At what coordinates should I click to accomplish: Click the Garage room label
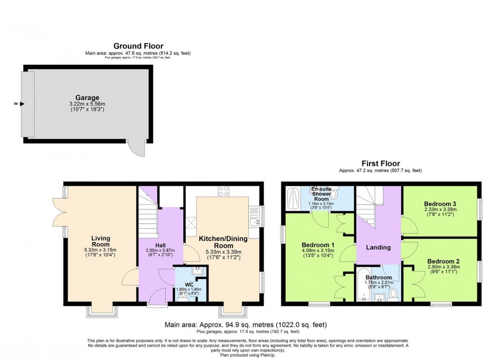[x=87, y=97]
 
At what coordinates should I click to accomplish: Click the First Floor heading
[x=380, y=164]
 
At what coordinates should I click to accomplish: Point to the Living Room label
[x=101, y=241]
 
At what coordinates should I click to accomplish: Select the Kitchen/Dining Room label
[x=224, y=242]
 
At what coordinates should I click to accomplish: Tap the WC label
[x=189, y=285]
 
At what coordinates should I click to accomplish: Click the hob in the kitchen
[x=224, y=191]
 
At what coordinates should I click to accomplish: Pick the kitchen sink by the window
[x=253, y=223]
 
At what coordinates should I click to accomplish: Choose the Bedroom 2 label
[x=444, y=261]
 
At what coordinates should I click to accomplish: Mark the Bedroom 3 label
[x=440, y=204]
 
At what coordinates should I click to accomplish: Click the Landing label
[x=378, y=247]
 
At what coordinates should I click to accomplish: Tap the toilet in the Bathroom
[x=393, y=293]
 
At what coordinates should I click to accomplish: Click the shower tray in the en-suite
[x=294, y=198]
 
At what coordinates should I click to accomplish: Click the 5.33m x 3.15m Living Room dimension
[x=101, y=250]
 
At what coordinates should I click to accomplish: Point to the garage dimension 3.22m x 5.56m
[x=87, y=104]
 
